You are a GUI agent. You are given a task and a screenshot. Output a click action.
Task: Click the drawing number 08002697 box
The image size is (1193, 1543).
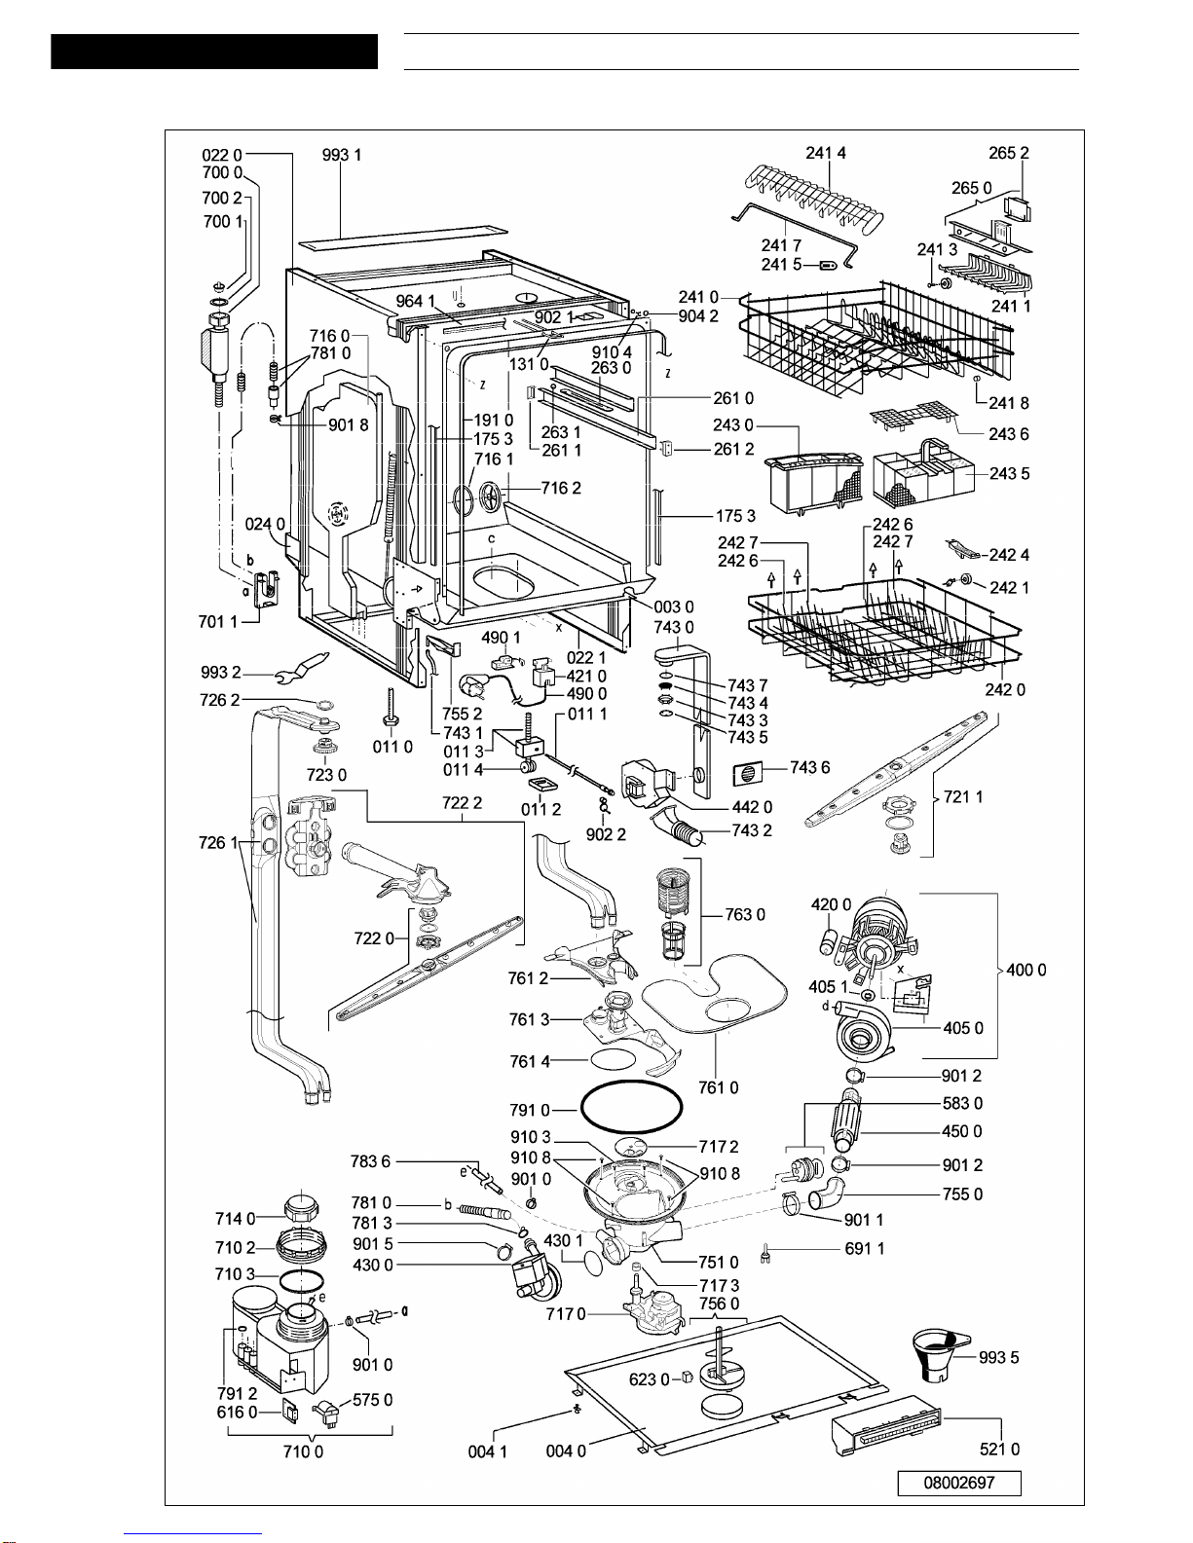click(x=958, y=1483)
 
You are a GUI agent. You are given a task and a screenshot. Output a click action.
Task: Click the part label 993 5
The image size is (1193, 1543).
click(x=998, y=1358)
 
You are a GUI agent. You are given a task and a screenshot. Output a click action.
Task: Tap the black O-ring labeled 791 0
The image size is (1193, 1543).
click(x=631, y=1107)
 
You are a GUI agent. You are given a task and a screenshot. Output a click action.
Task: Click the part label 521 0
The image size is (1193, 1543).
click(x=999, y=1450)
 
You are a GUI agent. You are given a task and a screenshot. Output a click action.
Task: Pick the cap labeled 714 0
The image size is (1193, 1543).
click(x=301, y=1208)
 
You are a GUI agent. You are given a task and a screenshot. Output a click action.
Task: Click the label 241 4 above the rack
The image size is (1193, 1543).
click(x=826, y=153)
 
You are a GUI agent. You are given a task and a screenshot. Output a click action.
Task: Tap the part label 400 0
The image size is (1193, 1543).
click(x=1026, y=970)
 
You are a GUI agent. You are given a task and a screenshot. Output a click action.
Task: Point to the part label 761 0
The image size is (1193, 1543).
click(x=718, y=1087)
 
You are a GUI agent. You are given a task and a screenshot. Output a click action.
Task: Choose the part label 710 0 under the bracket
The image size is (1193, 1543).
click(x=303, y=1451)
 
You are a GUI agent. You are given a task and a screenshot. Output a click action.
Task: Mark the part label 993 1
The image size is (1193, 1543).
click(x=342, y=155)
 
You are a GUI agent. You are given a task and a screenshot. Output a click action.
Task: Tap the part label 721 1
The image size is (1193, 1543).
click(x=963, y=796)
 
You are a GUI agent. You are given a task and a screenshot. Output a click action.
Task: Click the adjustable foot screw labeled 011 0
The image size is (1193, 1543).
click(x=391, y=707)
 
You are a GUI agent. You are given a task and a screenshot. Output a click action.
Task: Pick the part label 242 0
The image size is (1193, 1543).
click(x=1005, y=689)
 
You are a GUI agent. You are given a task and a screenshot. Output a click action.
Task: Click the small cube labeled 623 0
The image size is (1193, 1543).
click(x=687, y=1378)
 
